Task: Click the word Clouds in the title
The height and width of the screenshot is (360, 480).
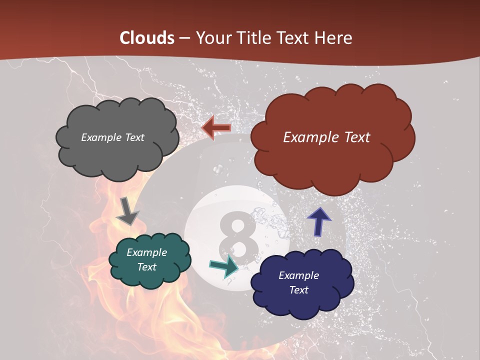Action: (147, 38)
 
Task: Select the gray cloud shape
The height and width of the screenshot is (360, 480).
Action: (117, 150)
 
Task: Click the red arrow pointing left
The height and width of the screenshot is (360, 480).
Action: (216, 128)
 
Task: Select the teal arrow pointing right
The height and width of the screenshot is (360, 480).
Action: (224, 266)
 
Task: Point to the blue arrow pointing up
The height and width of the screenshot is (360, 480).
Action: (318, 221)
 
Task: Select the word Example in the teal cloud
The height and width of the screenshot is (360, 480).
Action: (146, 253)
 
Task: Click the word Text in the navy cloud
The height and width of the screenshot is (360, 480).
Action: (299, 290)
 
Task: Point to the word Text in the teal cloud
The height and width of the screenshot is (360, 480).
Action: (147, 267)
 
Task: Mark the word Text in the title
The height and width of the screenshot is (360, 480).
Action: (295, 38)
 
